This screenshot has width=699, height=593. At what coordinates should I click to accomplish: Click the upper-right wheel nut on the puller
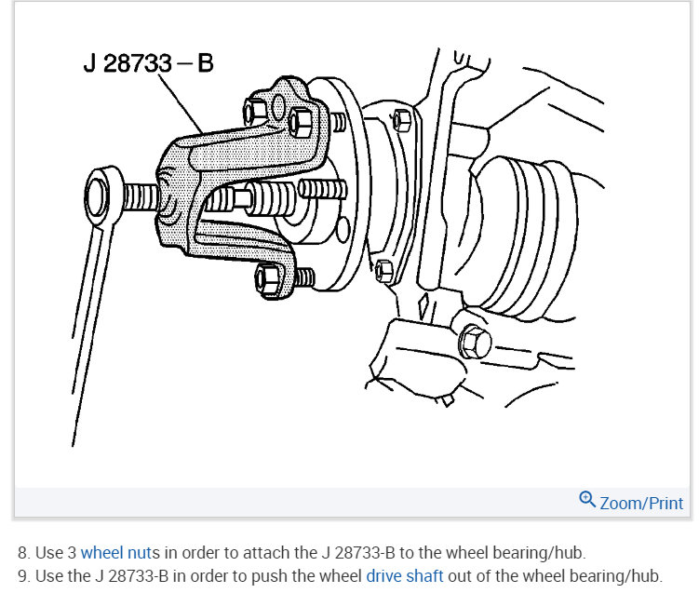click(x=301, y=121)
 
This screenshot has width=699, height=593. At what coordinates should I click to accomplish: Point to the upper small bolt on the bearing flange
click(x=401, y=119)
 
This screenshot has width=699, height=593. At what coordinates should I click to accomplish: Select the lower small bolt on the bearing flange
click(x=383, y=271)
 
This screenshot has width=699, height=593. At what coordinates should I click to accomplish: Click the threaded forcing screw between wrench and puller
click(x=140, y=198)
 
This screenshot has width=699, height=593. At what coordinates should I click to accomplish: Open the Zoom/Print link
click(x=641, y=503)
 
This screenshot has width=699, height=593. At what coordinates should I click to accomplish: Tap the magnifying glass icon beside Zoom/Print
click(x=587, y=500)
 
